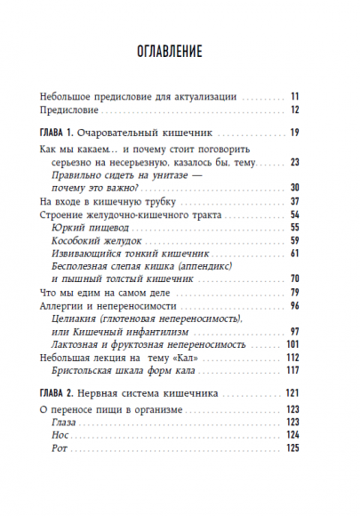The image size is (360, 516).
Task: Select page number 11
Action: (297, 95)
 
